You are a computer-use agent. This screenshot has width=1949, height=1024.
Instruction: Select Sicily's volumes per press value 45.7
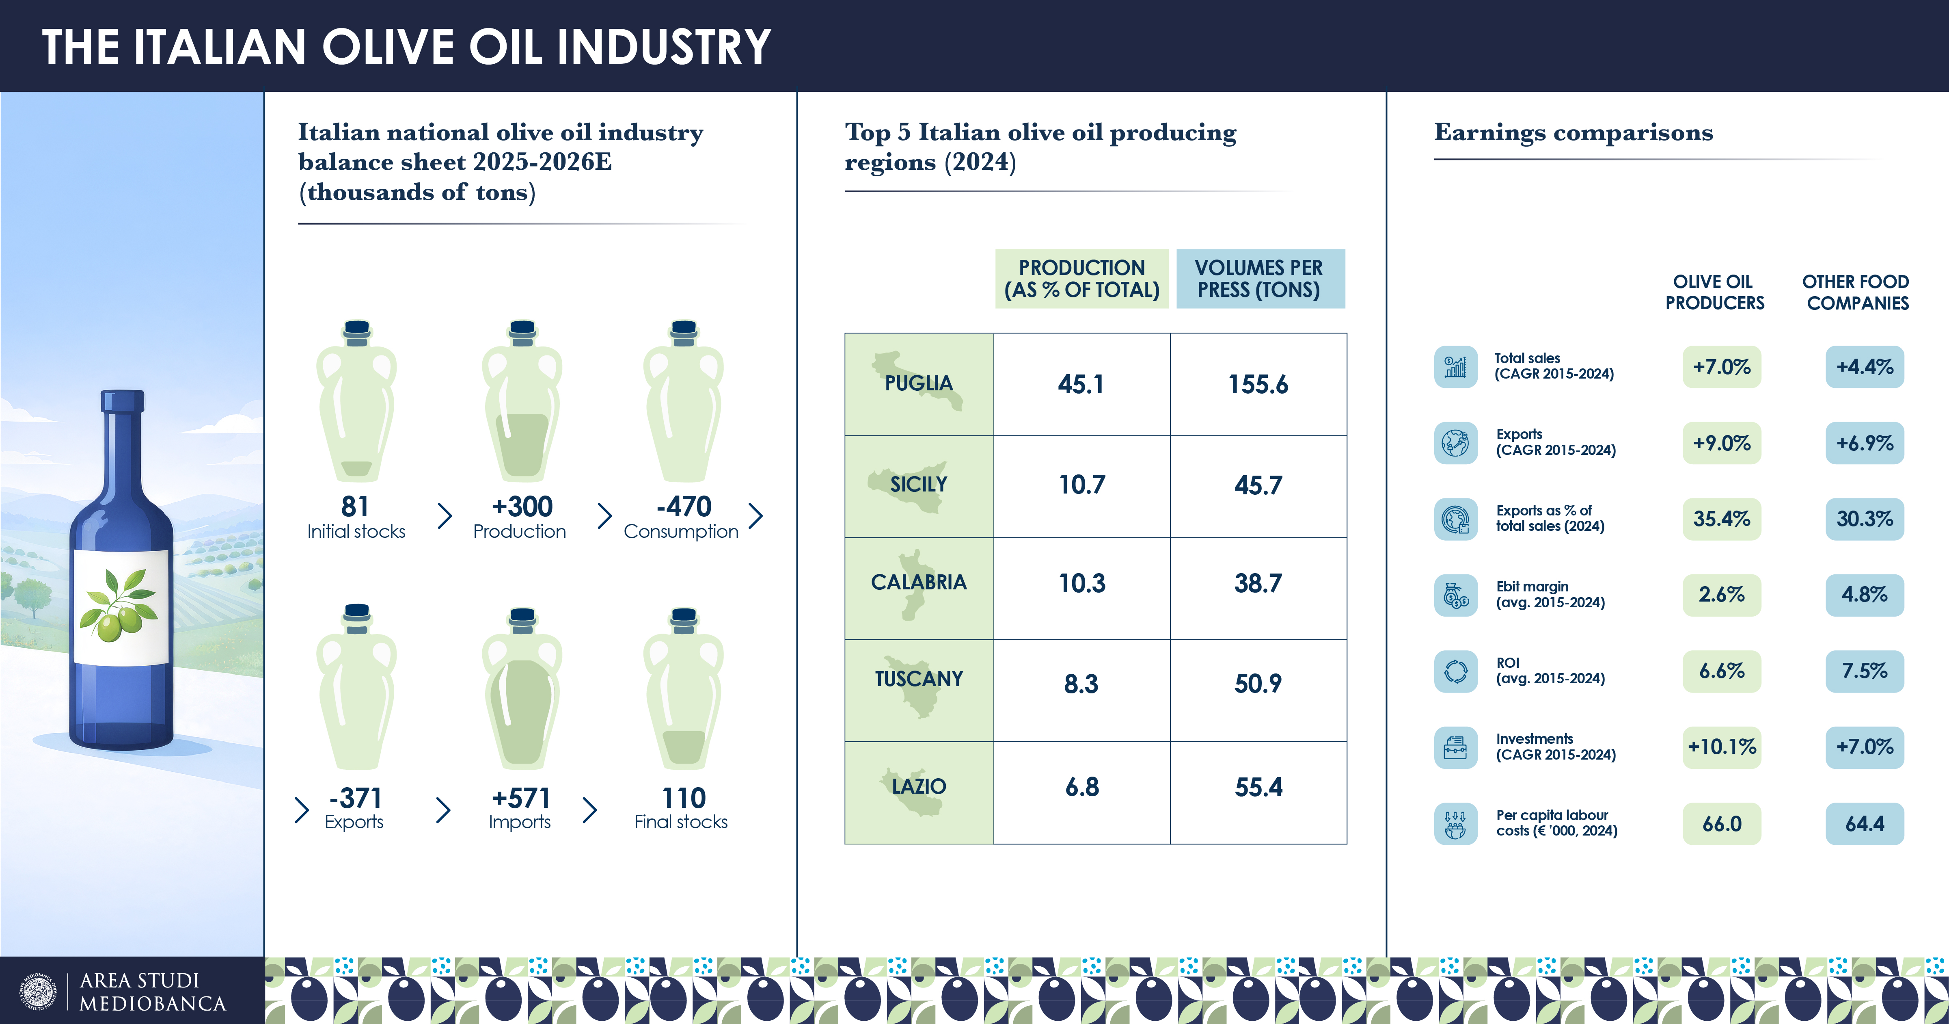click(1258, 485)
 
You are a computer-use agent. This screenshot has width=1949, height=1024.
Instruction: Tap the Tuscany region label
click(919, 679)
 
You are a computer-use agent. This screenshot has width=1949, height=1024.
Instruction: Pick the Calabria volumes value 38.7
click(1258, 584)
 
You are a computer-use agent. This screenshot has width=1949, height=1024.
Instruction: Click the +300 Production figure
click(522, 507)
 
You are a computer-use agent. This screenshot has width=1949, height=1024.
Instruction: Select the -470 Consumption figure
click(683, 507)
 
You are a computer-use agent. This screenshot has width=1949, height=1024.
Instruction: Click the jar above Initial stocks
click(356, 402)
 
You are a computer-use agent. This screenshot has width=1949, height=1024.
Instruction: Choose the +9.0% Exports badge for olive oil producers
click(1721, 443)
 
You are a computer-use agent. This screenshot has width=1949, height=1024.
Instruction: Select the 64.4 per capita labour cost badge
click(1864, 823)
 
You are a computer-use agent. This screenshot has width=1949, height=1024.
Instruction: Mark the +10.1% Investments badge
click(1721, 747)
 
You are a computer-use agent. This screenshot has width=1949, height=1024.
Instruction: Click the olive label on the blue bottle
click(121, 607)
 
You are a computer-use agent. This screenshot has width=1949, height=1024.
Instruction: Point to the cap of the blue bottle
click(123, 401)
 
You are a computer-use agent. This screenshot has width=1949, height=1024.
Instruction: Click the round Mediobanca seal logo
click(38, 992)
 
